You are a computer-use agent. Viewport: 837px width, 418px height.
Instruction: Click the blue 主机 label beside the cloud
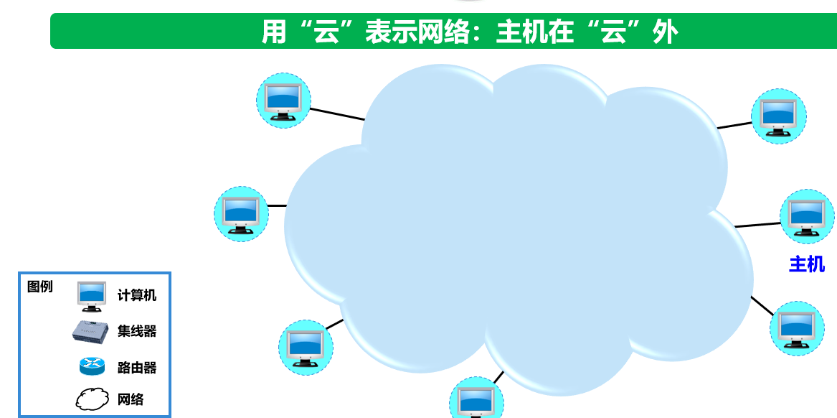tap(807, 265)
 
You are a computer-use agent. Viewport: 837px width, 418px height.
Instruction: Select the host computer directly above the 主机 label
tap(807, 216)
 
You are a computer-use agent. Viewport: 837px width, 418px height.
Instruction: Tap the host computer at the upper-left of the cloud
tap(283, 101)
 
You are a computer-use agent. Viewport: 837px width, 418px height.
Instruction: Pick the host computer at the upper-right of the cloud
tap(778, 116)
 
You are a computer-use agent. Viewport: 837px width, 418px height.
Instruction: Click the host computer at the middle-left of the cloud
tap(241, 214)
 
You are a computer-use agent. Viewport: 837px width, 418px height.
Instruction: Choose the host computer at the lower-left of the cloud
tap(306, 347)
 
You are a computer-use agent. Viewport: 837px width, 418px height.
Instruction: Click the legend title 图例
tap(40, 287)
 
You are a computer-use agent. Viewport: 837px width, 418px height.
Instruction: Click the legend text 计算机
tap(137, 295)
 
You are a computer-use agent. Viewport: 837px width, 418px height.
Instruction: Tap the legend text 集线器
tap(137, 331)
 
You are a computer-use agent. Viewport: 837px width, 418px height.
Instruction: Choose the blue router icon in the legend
tap(92, 367)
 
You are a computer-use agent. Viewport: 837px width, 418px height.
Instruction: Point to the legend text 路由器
tap(137, 368)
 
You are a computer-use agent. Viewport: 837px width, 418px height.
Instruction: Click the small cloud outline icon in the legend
tap(92, 400)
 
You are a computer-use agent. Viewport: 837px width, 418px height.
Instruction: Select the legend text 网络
tap(131, 400)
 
